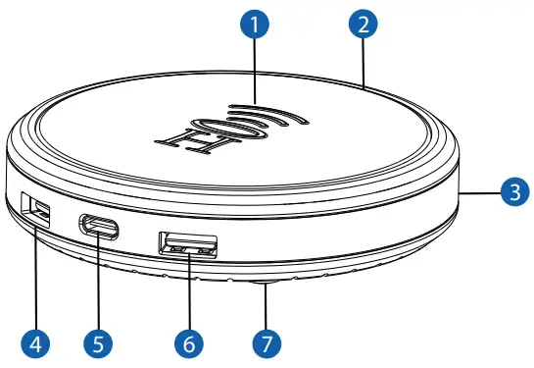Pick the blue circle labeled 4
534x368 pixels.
35,343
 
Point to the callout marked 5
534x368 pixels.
98,343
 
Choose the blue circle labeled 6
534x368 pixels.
188,343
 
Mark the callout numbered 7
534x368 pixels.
265,343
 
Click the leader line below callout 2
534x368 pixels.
363,65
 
